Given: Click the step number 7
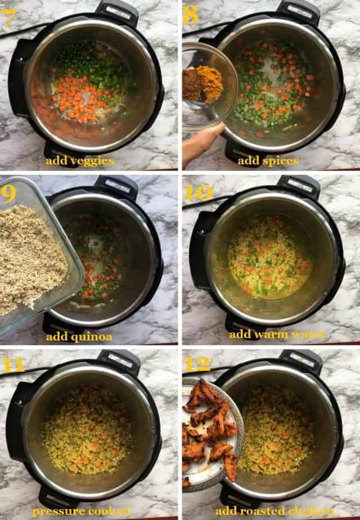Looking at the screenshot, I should pyautogui.click(x=8, y=19).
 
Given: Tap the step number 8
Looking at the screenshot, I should pyautogui.click(x=191, y=15).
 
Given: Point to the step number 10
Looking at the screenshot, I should pyautogui.click(x=197, y=193).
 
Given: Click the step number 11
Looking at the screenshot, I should pyautogui.click(x=13, y=365).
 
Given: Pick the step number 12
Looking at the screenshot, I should pyautogui.click(x=197, y=365).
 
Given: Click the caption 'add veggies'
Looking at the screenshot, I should pyautogui.click(x=80, y=162).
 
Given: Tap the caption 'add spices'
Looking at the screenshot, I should pyautogui.click(x=268, y=162).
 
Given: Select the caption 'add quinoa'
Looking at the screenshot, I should pyautogui.click(x=79, y=337).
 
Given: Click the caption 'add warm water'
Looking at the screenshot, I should pyautogui.click(x=277, y=334).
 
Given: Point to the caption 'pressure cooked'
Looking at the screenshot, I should pyautogui.click(x=81, y=511).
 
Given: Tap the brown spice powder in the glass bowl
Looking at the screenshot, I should pyautogui.click(x=192, y=85).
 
